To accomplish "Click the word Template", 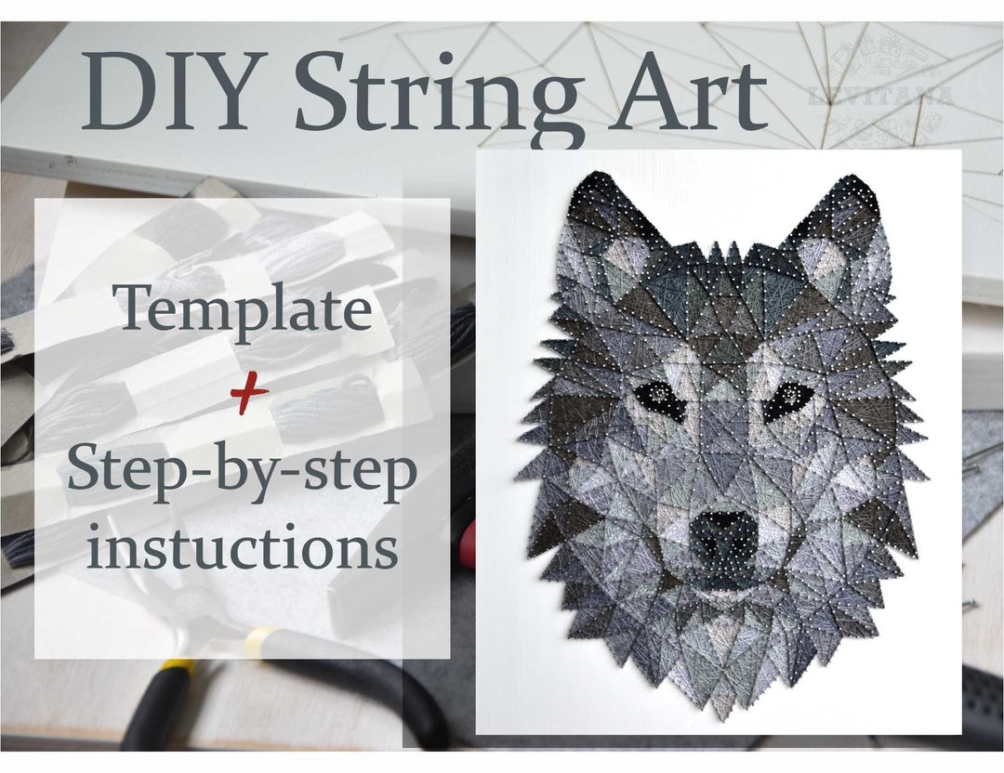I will [x=244, y=310].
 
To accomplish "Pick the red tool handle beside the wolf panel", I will [x=469, y=544].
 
